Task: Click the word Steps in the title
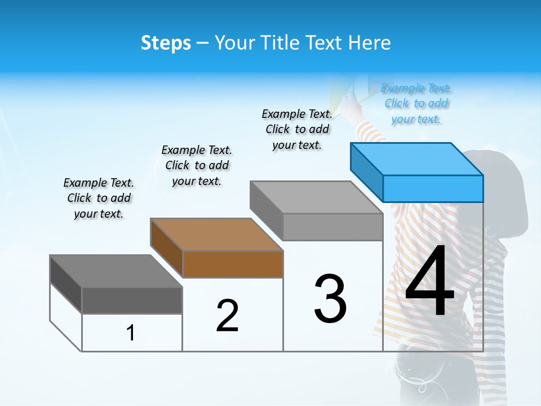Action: (166, 43)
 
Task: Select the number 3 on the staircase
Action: (330, 299)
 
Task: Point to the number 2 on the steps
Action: (227, 316)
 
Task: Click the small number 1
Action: (131, 333)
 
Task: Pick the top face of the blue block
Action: (416, 158)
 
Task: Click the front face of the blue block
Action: (433, 188)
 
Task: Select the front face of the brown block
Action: (233, 264)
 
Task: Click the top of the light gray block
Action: (316, 197)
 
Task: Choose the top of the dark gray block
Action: (115, 271)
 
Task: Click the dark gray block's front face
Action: (132, 300)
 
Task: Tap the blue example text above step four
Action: (416, 104)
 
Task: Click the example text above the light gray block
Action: (297, 129)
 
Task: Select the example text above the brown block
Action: (197, 165)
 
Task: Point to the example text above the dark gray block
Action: (99, 198)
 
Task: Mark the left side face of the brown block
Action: (167, 248)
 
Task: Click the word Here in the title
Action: (370, 43)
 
